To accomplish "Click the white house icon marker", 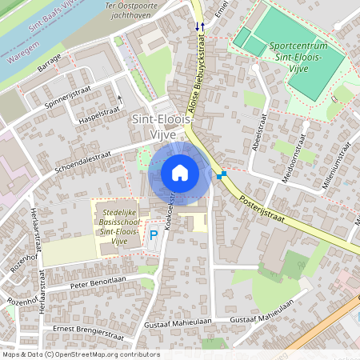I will (179, 173).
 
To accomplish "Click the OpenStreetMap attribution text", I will (81, 354).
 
